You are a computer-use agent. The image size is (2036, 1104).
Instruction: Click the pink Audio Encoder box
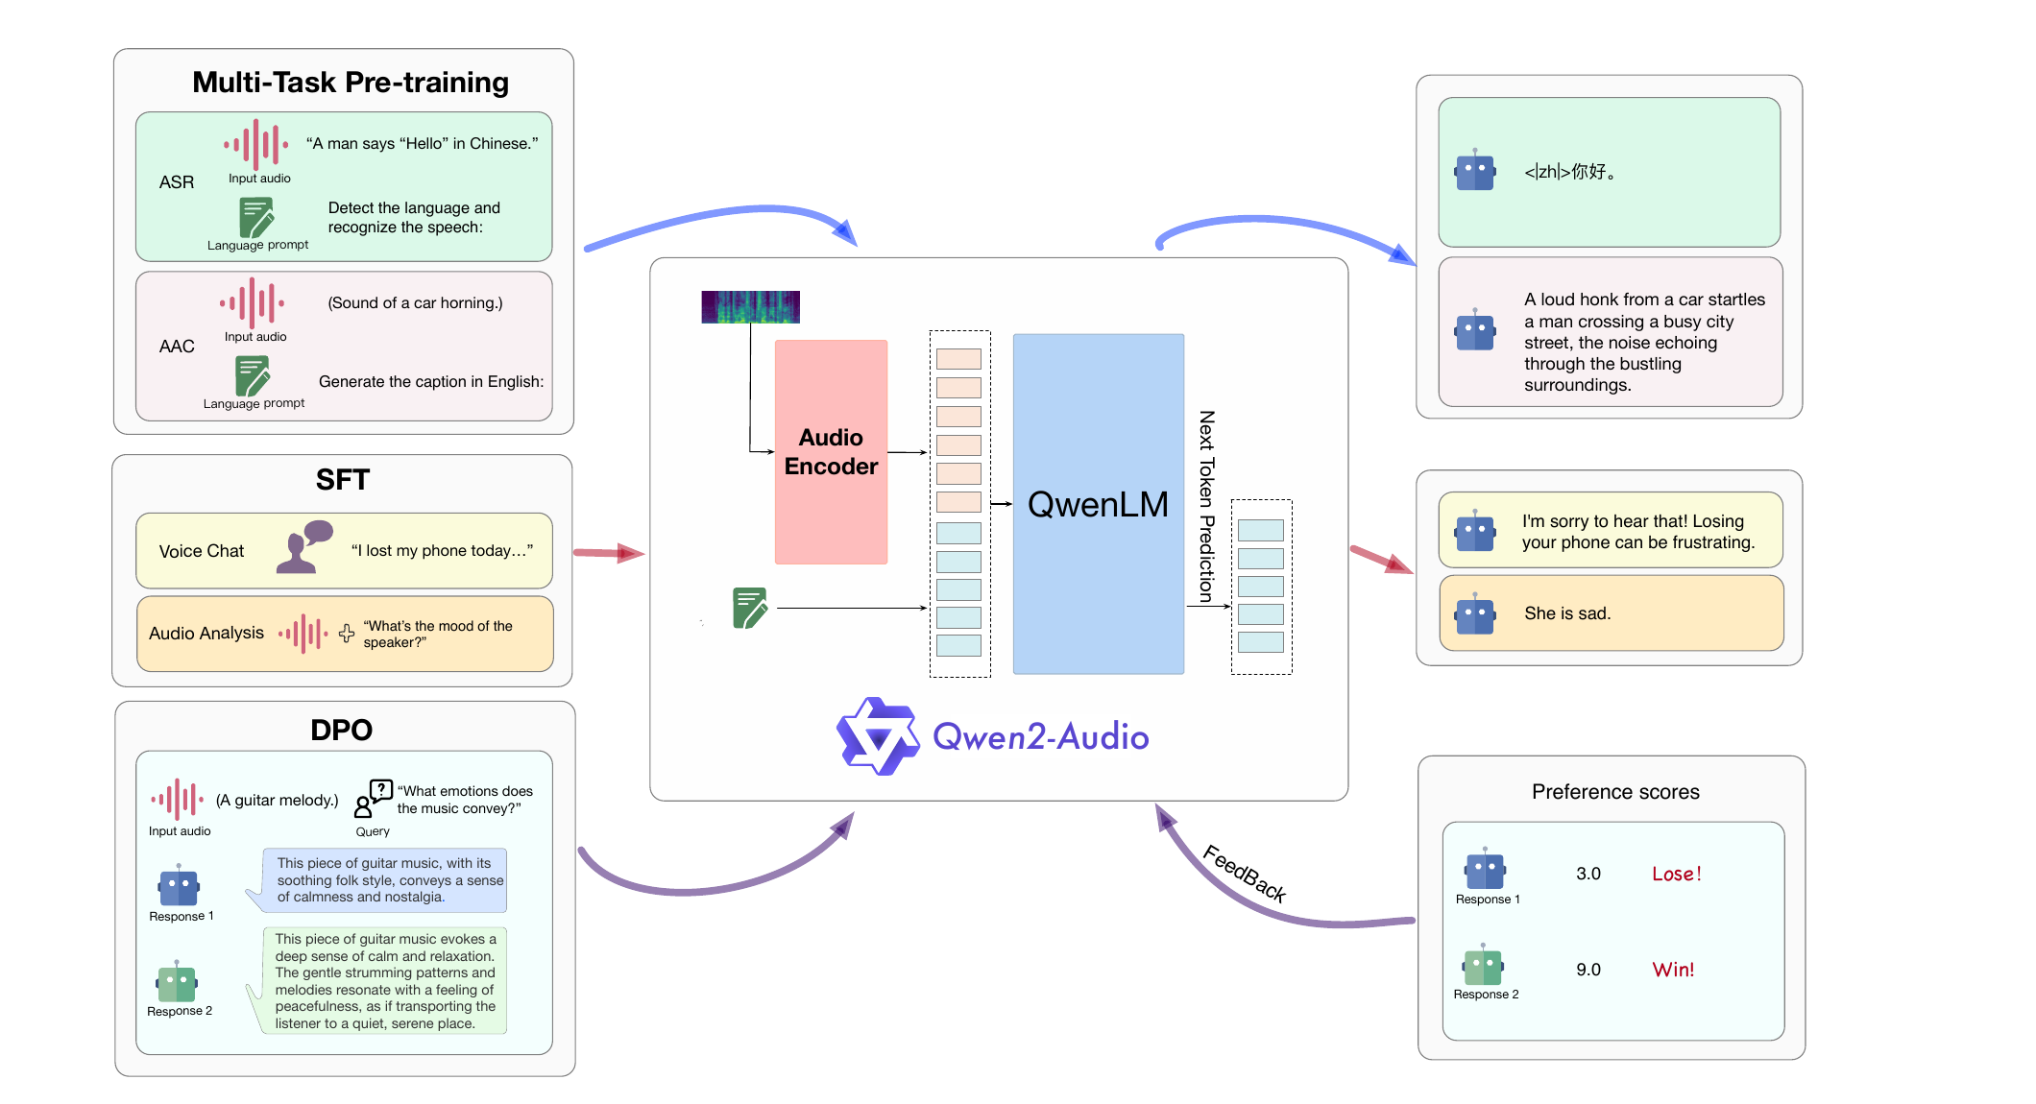point(831,451)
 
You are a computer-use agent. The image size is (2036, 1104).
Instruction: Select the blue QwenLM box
point(1098,504)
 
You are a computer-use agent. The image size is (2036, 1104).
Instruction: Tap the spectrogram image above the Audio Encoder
point(750,307)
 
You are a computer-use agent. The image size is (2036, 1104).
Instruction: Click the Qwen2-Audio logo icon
point(878,736)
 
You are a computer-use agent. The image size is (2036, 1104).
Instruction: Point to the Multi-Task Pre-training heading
point(351,83)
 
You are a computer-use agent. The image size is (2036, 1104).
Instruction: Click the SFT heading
point(343,479)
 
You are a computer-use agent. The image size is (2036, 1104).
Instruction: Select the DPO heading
point(341,730)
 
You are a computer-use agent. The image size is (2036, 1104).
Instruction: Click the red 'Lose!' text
point(1677,874)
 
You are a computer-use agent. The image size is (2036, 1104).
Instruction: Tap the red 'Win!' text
point(1673,970)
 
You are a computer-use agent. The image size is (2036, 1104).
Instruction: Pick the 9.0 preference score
point(1588,970)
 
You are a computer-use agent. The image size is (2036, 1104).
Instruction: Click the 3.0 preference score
point(1588,874)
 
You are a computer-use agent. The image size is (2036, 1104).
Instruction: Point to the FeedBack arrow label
point(1245,874)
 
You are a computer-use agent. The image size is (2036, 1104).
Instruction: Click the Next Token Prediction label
point(1207,507)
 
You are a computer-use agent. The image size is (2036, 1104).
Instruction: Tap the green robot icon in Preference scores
point(1484,965)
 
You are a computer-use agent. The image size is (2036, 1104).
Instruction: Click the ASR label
point(177,182)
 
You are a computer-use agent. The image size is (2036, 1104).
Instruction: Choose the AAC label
point(177,347)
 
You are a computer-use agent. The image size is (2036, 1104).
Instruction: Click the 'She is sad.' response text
point(1567,613)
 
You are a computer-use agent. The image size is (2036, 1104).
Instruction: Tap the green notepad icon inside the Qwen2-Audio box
point(750,608)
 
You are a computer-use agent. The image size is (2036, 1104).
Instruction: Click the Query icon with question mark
point(374,798)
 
